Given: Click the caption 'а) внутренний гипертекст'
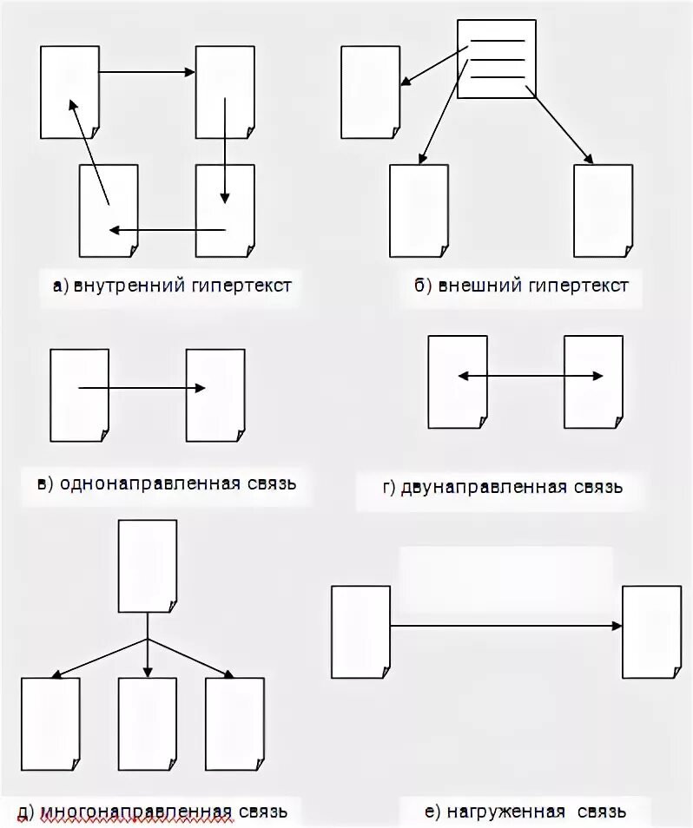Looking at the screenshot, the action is click(x=171, y=286).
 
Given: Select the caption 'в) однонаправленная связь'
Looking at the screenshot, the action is click(x=167, y=483).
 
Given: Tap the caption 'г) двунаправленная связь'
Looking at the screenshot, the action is click(x=502, y=486).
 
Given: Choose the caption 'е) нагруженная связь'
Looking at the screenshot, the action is click(x=525, y=812).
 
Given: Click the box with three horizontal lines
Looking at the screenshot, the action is click(x=497, y=58).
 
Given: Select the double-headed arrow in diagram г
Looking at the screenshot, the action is click(x=531, y=376).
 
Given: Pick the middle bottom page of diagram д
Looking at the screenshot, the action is click(x=148, y=724).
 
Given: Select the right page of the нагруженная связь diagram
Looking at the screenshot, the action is click(x=651, y=631).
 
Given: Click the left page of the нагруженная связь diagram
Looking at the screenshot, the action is click(x=361, y=631).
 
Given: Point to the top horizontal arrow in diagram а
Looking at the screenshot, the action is click(x=147, y=72).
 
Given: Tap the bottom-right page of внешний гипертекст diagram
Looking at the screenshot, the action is click(x=603, y=211).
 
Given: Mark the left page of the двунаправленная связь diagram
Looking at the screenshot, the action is click(x=458, y=382).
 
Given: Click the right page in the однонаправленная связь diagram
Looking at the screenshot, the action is click(x=215, y=395).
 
